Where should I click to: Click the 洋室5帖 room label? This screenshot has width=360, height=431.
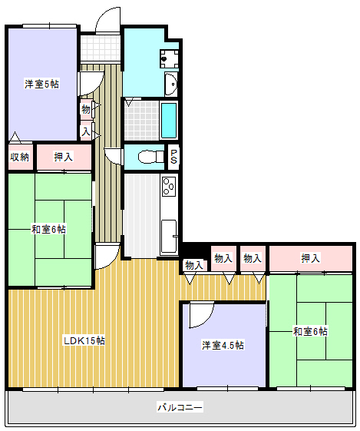(41, 84)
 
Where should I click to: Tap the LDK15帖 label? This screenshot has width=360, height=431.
(84, 341)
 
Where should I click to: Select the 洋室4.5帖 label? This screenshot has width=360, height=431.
(223, 345)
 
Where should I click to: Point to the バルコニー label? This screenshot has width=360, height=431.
(180, 407)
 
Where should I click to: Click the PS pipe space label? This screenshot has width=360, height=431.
(173, 157)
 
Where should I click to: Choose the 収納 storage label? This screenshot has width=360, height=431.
(19, 157)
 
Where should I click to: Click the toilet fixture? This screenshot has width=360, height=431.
(150, 157)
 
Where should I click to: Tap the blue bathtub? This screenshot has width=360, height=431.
(169, 121)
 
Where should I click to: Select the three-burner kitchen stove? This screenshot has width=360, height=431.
(169, 187)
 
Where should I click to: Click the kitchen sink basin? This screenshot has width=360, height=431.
(169, 236)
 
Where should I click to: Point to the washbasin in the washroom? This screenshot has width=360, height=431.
(171, 84)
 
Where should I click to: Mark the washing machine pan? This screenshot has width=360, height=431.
(170, 58)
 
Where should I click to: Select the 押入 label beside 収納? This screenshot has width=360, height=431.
(64, 157)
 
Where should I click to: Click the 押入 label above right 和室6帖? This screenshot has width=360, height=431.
(311, 258)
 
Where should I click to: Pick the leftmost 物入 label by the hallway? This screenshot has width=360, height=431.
(194, 265)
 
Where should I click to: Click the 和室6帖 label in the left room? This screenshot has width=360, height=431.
(48, 229)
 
